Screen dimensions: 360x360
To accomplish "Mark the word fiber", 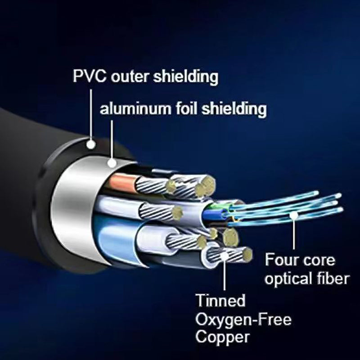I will point(331,279).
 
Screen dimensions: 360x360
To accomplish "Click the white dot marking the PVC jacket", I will point(91,144).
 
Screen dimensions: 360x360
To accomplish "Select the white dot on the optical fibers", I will point(293,216).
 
